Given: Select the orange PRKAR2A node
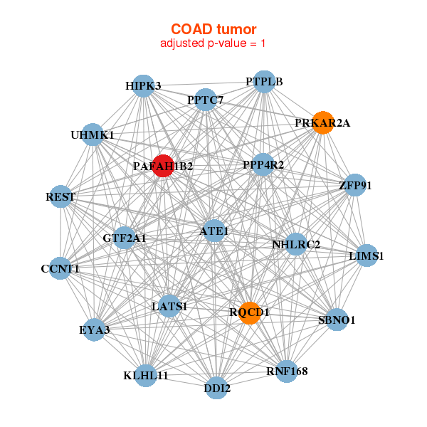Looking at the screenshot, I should pos(323,122).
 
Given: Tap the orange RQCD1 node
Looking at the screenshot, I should pos(249,312).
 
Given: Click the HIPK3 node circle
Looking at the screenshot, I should pos(143,86).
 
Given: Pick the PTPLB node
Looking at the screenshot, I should pos(264,81).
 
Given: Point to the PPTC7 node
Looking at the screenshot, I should pos(206,100).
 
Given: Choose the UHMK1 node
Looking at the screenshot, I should pos(93,135).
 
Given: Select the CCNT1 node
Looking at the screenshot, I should pos(60,268).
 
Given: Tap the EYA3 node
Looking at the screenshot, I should pos(95,330).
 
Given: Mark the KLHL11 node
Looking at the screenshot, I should pos(146,375).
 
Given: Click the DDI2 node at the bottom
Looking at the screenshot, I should pos(217,389).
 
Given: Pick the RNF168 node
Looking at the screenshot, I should pos(287,371).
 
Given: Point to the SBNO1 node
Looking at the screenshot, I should pos(337,320).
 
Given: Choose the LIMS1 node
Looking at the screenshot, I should pos(366,255).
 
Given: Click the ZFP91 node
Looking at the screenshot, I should pos(355,186).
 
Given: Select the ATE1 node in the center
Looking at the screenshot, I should pos(214,231).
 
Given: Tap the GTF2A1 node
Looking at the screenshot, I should pos(125,238).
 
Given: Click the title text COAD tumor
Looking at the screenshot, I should pos(213,29).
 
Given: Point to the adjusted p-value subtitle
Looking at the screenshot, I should pos(213,43).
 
